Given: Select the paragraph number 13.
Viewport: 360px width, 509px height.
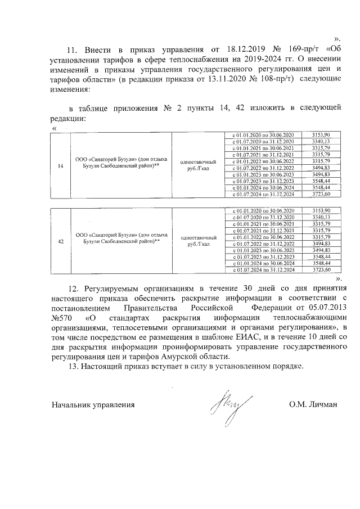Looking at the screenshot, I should point(73,367).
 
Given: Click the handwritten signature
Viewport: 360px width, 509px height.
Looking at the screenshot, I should point(229,404).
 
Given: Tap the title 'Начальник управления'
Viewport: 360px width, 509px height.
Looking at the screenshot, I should point(93,404).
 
